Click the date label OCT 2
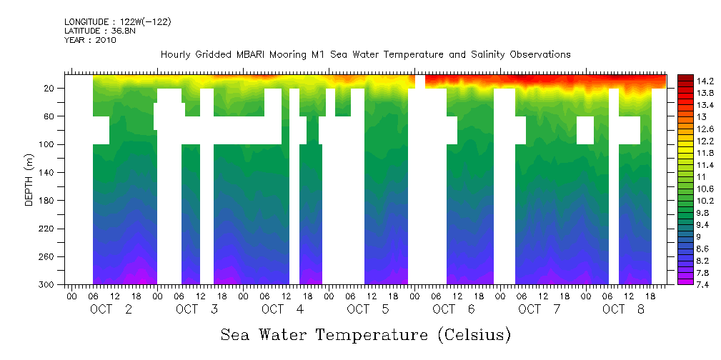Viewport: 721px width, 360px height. click(x=111, y=309)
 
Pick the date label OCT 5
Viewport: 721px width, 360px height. click(x=368, y=309)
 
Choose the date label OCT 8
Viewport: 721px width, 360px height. click(x=625, y=309)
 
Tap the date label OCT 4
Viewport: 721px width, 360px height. click(x=282, y=309)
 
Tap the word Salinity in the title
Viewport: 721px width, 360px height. click(x=467, y=54)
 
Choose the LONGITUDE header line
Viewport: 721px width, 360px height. click(x=117, y=21)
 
